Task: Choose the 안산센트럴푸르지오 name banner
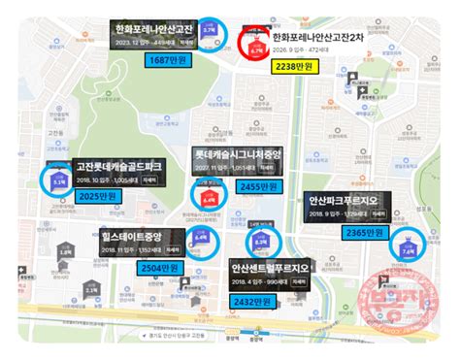tap(272, 267)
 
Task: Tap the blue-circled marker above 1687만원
tap(211, 36)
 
